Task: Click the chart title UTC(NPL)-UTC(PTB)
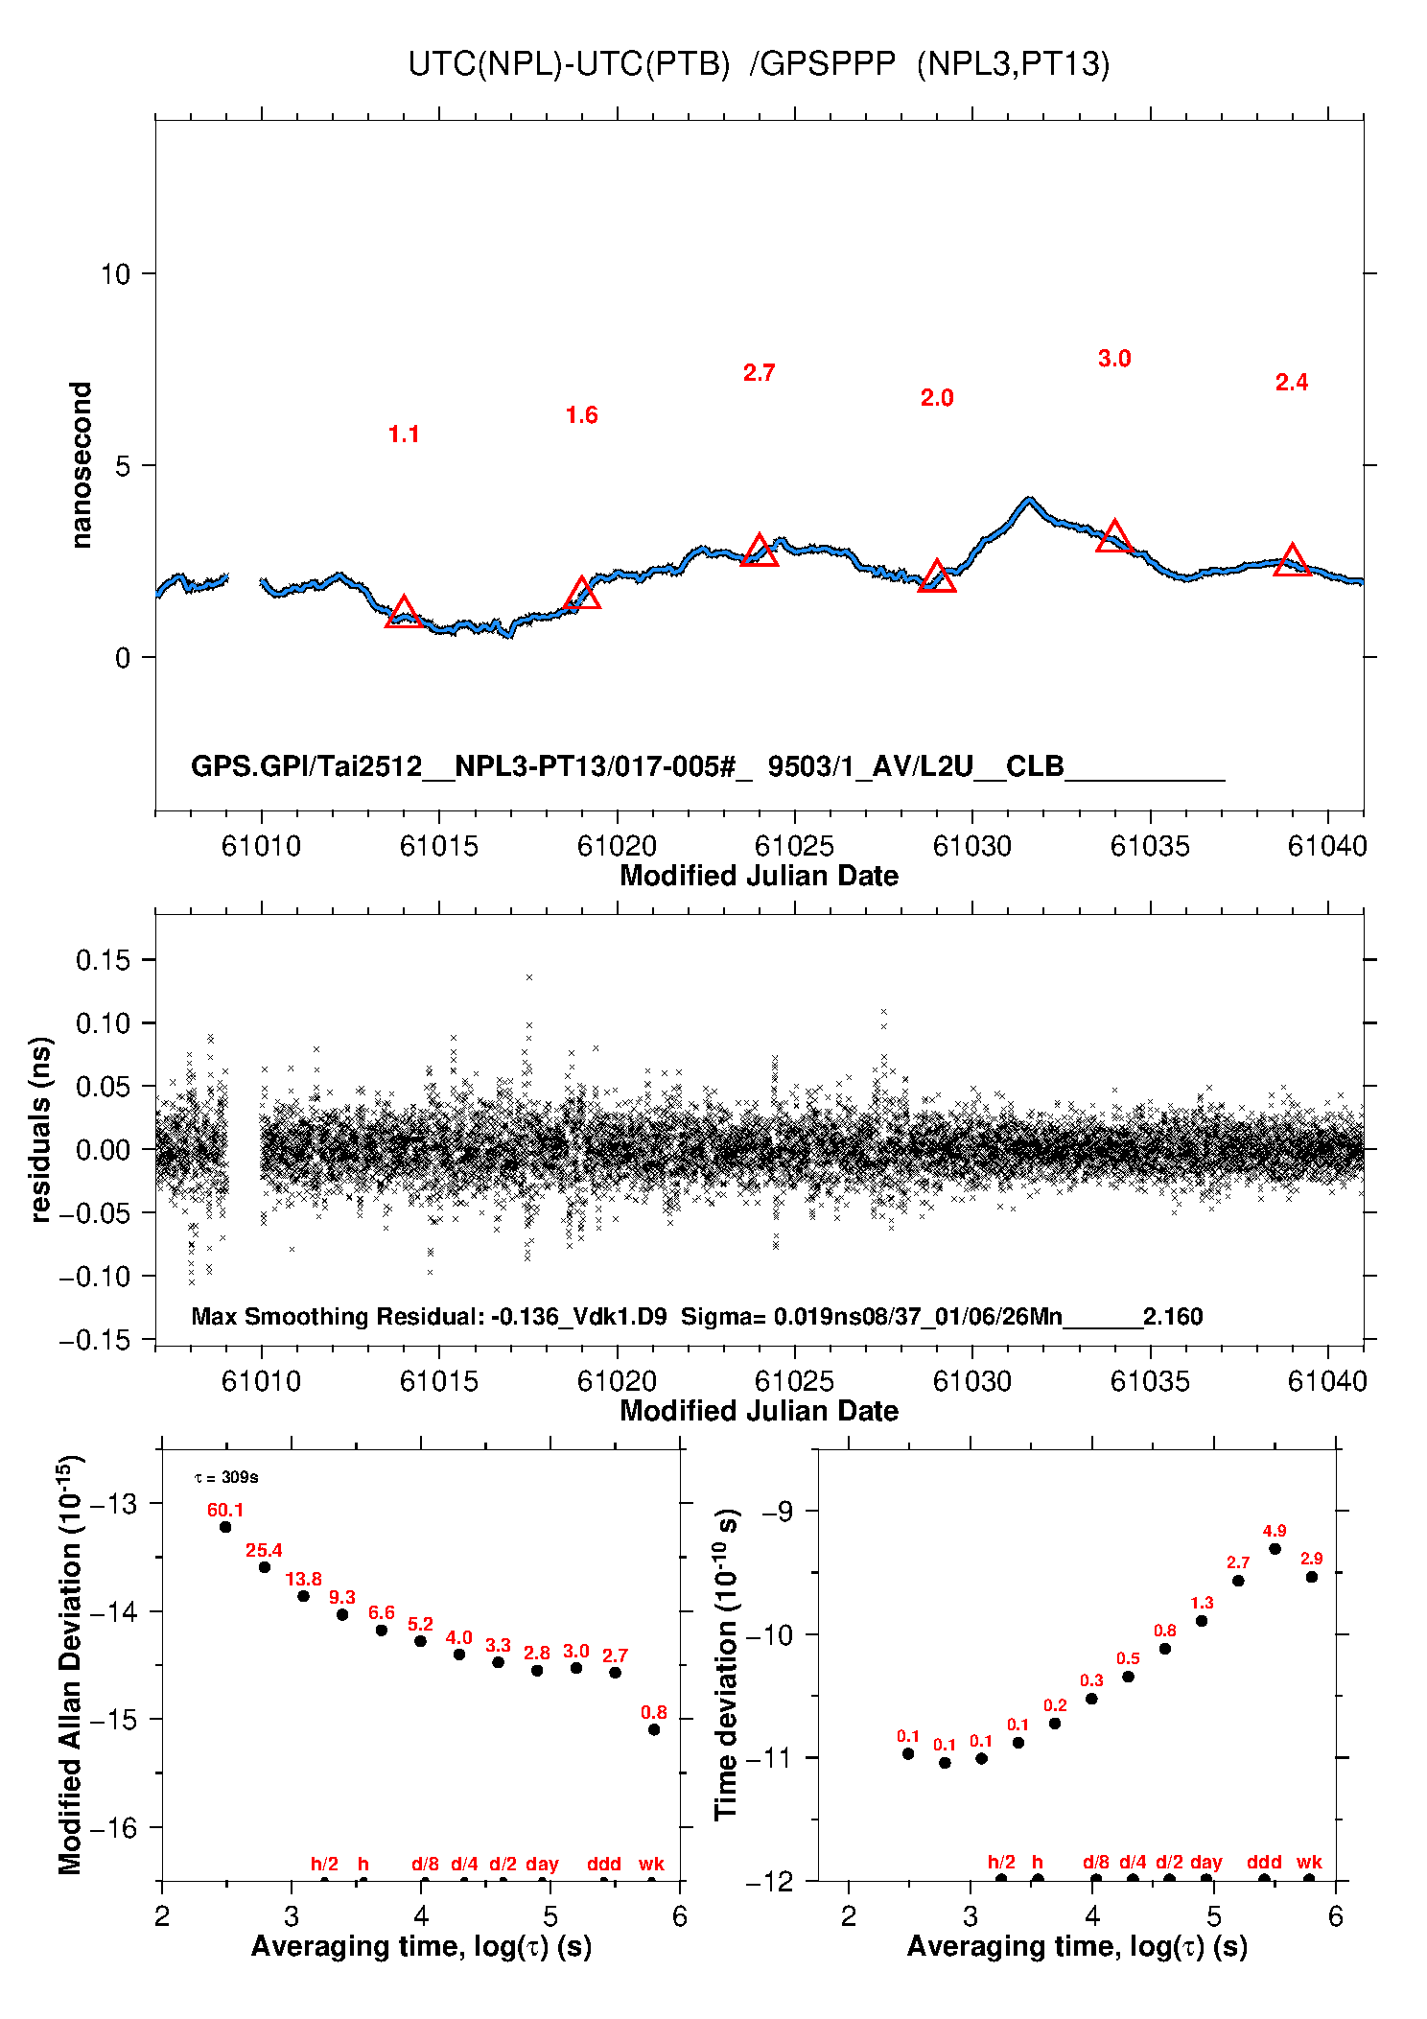tap(569, 64)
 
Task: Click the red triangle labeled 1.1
tap(404, 612)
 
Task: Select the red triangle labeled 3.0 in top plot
tap(1114, 536)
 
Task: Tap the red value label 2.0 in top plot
tap(937, 398)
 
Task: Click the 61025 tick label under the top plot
tap(794, 846)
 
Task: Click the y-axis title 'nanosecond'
tap(82, 465)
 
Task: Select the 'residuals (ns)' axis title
tap(40, 1130)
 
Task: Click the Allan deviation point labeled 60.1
tap(225, 1527)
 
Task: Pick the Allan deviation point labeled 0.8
tap(654, 1729)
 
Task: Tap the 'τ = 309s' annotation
tap(226, 1477)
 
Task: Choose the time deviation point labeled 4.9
tap(1275, 1549)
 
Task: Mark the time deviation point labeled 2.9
tap(1312, 1577)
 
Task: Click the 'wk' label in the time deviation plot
tap(1309, 1862)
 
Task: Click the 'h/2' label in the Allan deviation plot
tap(324, 1864)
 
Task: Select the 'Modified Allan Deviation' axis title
tap(70, 1664)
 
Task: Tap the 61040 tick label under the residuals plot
tap(1327, 1381)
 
